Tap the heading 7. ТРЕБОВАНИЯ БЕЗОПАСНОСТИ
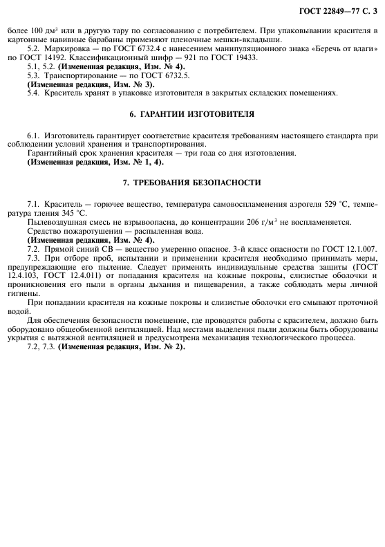[191, 183]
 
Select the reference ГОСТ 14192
[53, 57]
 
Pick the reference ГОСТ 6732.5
[163, 75]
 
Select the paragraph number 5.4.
[34, 92]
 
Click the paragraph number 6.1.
[34, 137]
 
